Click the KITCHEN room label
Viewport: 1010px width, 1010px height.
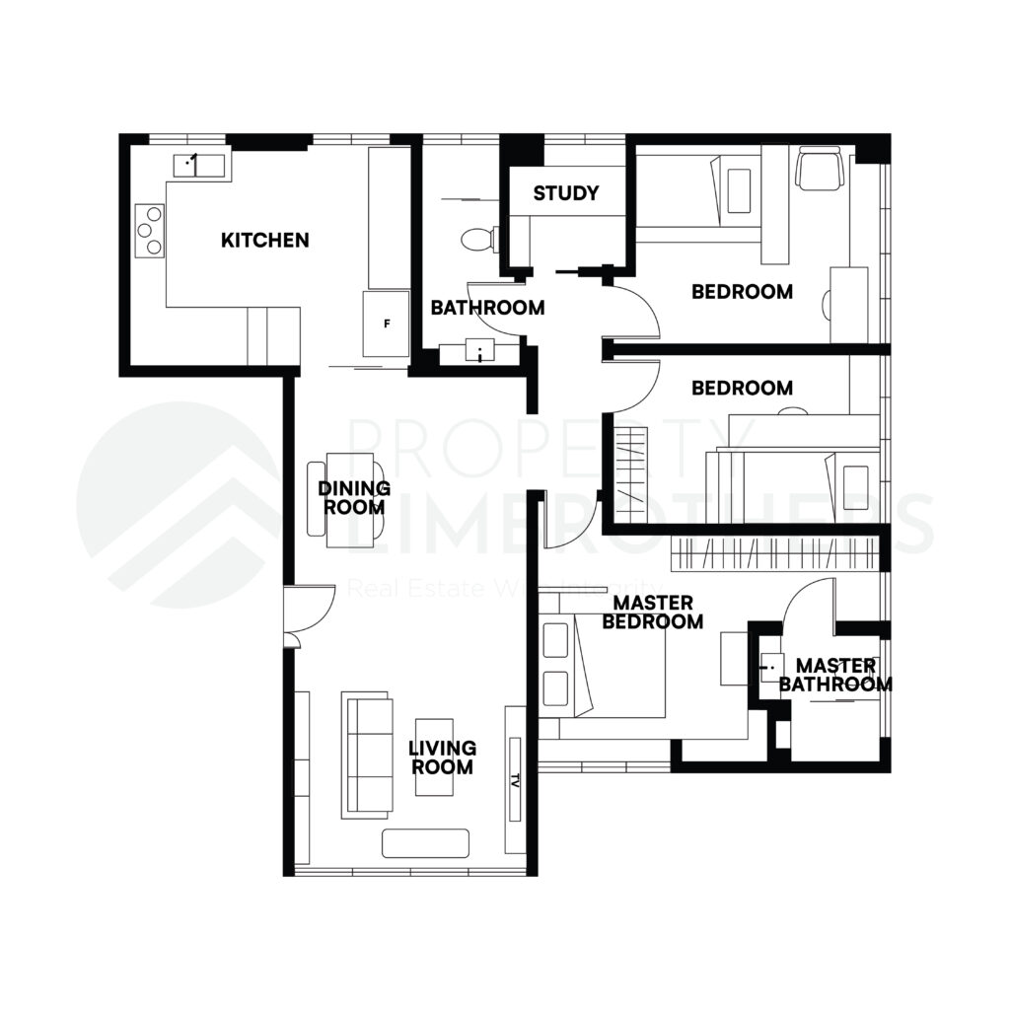pyautogui.click(x=264, y=240)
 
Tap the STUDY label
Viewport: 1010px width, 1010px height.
pyautogui.click(x=565, y=193)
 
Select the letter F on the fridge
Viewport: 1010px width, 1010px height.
pyautogui.click(x=388, y=324)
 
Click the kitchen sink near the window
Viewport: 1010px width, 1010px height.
pyautogui.click(x=198, y=164)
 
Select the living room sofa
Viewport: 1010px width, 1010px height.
pyautogui.click(x=366, y=755)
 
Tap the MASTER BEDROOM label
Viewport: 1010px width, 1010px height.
pyautogui.click(x=652, y=613)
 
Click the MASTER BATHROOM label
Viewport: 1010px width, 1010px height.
pyautogui.click(x=835, y=676)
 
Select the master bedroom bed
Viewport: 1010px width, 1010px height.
pyautogui.click(x=602, y=668)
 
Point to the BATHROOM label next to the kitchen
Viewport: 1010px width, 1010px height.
pyautogui.click(x=487, y=308)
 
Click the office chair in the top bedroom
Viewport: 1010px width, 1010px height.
pyautogui.click(x=822, y=168)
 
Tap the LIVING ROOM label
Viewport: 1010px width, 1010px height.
pyautogui.click(x=442, y=757)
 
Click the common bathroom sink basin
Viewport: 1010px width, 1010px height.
pyautogui.click(x=479, y=352)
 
